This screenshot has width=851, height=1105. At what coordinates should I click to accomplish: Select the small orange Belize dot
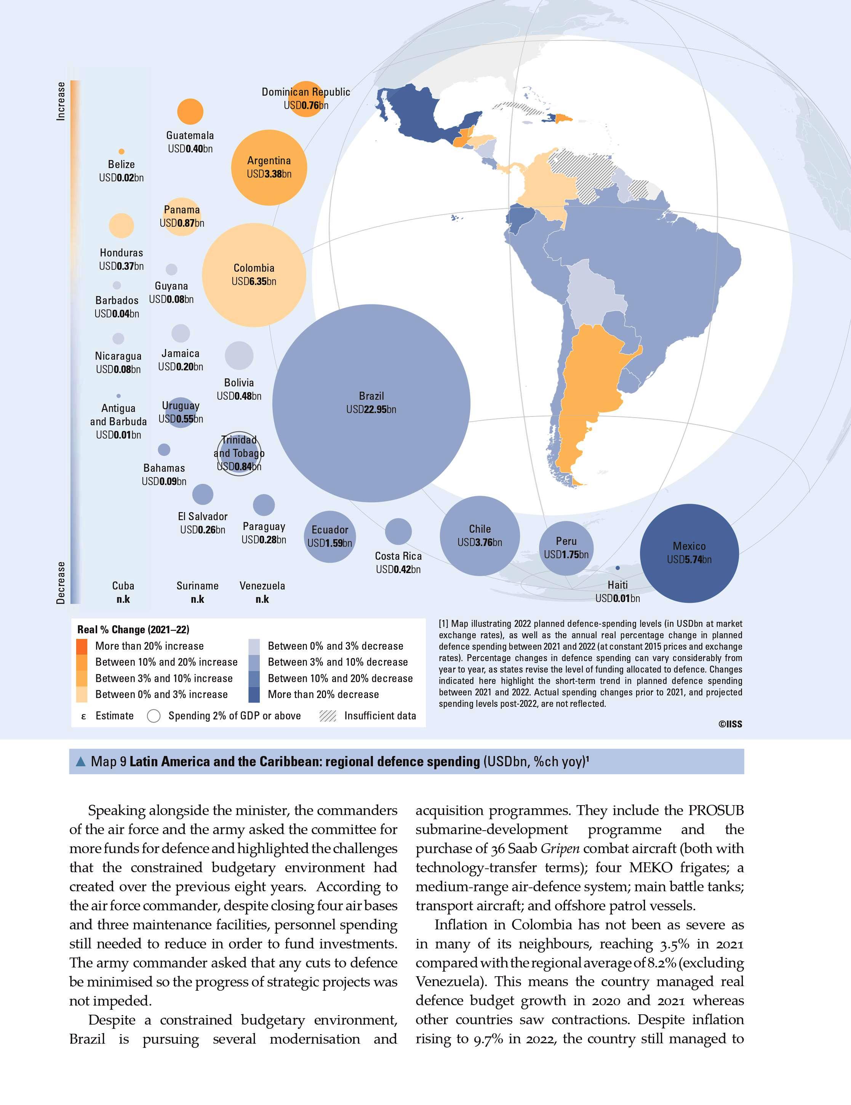(122, 151)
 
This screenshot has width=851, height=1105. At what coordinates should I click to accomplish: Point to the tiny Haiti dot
(617, 568)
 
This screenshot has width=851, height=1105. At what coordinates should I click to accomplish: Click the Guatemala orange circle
(190, 111)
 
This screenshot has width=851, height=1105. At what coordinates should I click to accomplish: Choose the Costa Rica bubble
(398, 531)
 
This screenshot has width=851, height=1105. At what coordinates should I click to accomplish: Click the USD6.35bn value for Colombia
(254, 281)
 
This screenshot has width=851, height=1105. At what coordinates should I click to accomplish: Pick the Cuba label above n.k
(123, 586)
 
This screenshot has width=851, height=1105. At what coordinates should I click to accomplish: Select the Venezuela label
(262, 586)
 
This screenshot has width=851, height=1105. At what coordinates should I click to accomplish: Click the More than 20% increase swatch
(82, 646)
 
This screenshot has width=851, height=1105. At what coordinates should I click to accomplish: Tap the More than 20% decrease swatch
(254, 695)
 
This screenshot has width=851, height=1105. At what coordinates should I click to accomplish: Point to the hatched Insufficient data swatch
(328, 716)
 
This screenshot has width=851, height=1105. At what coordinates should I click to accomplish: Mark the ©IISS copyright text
(730, 724)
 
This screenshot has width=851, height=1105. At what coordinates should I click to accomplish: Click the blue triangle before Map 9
(80, 761)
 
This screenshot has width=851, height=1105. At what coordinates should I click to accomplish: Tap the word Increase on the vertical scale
(61, 101)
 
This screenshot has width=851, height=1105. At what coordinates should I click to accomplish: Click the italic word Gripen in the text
(560, 849)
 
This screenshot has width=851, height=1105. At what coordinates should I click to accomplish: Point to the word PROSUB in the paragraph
(716, 810)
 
